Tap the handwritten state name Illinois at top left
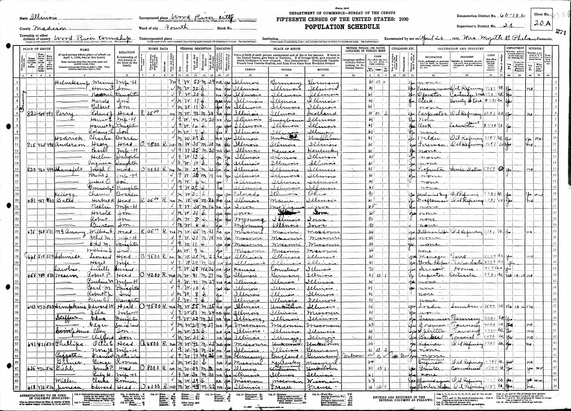(44, 18)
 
